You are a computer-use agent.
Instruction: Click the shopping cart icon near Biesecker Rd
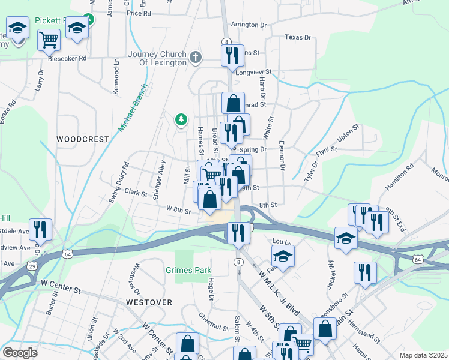point(49,40)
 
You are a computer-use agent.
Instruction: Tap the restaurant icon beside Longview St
point(232,56)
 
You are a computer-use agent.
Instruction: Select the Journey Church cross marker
point(195,58)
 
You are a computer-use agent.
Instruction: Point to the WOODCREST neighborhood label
point(83,139)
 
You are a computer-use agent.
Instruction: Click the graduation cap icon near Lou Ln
point(283,257)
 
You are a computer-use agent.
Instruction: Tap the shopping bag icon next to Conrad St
point(233,103)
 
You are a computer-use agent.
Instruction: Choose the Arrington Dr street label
point(249,25)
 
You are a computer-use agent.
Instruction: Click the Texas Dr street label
point(298,37)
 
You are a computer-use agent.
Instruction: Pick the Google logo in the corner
point(20,353)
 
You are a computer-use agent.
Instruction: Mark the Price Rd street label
point(138,13)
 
